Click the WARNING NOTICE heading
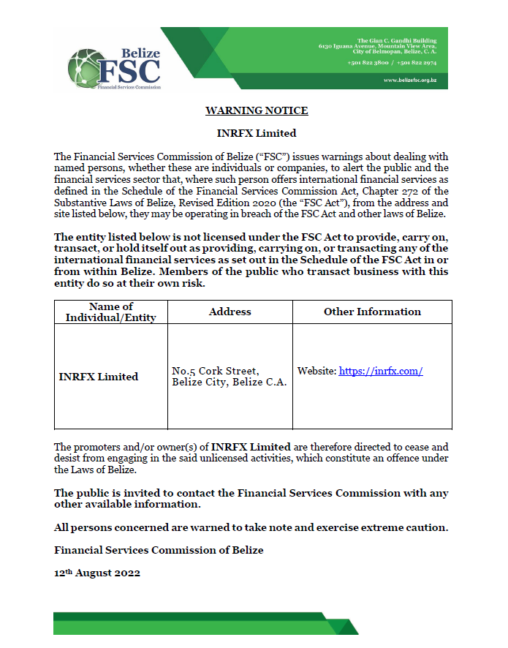pos(257,111)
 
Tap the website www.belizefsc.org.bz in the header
pos(410,80)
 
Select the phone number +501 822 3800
pos(369,63)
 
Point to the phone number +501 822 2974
pos(417,63)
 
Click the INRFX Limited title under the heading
pos(257,133)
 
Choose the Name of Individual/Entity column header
pos(111,312)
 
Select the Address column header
pos(230,312)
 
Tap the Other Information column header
pos(372,312)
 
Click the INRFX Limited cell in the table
pos(98,377)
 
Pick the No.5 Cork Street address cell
pos(229,377)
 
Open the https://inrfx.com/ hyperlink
pos(381,372)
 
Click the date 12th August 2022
pos(97,573)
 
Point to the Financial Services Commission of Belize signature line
pos(159,550)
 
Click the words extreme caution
pos(406,528)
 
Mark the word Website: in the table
pos(316,372)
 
